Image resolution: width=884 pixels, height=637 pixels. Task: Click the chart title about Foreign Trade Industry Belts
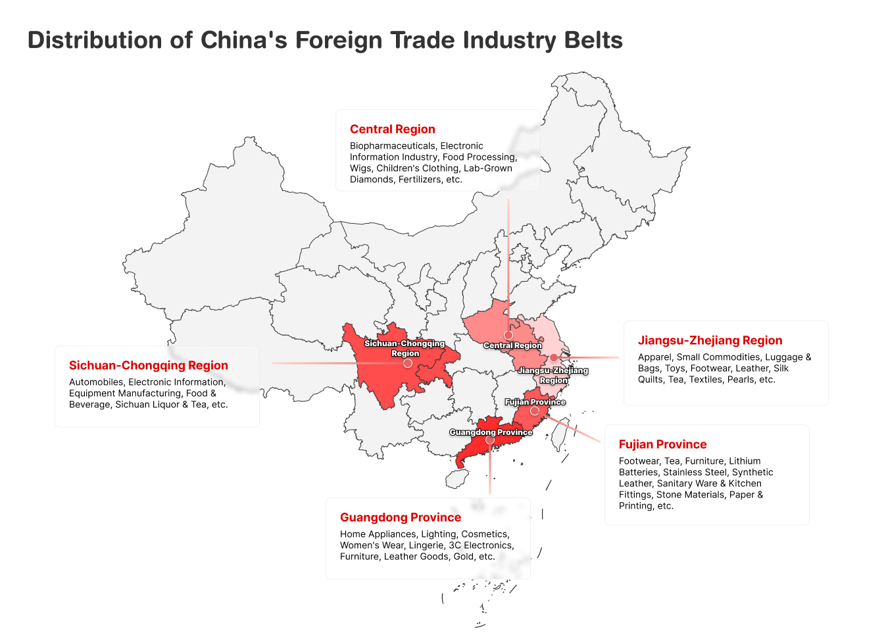(325, 40)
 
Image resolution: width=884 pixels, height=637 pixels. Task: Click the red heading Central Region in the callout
(392, 129)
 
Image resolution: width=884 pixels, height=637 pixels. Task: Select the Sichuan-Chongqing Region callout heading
(148, 365)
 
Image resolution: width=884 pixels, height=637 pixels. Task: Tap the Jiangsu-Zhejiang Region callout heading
(710, 340)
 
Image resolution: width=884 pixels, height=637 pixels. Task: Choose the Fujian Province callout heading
(662, 444)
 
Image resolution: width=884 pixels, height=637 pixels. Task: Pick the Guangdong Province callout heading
(400, 517)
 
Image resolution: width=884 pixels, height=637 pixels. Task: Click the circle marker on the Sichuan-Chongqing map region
(407, 363)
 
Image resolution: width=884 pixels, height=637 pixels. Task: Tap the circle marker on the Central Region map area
(508, 336)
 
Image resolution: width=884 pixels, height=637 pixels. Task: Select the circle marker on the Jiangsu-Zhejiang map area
(554, 357)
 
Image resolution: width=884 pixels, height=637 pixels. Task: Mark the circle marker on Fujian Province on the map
(535, 411)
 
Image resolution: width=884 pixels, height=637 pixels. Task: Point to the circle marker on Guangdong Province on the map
(489, 440)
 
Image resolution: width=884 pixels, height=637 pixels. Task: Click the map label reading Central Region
(512, 345)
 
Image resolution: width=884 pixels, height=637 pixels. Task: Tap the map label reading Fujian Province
(535, 401)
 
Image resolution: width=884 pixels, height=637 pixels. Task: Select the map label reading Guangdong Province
(491, 432)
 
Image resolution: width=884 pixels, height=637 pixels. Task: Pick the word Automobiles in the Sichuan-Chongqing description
(96, 382)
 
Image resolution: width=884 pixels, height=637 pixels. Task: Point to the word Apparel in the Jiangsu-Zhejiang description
(654, 357)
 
